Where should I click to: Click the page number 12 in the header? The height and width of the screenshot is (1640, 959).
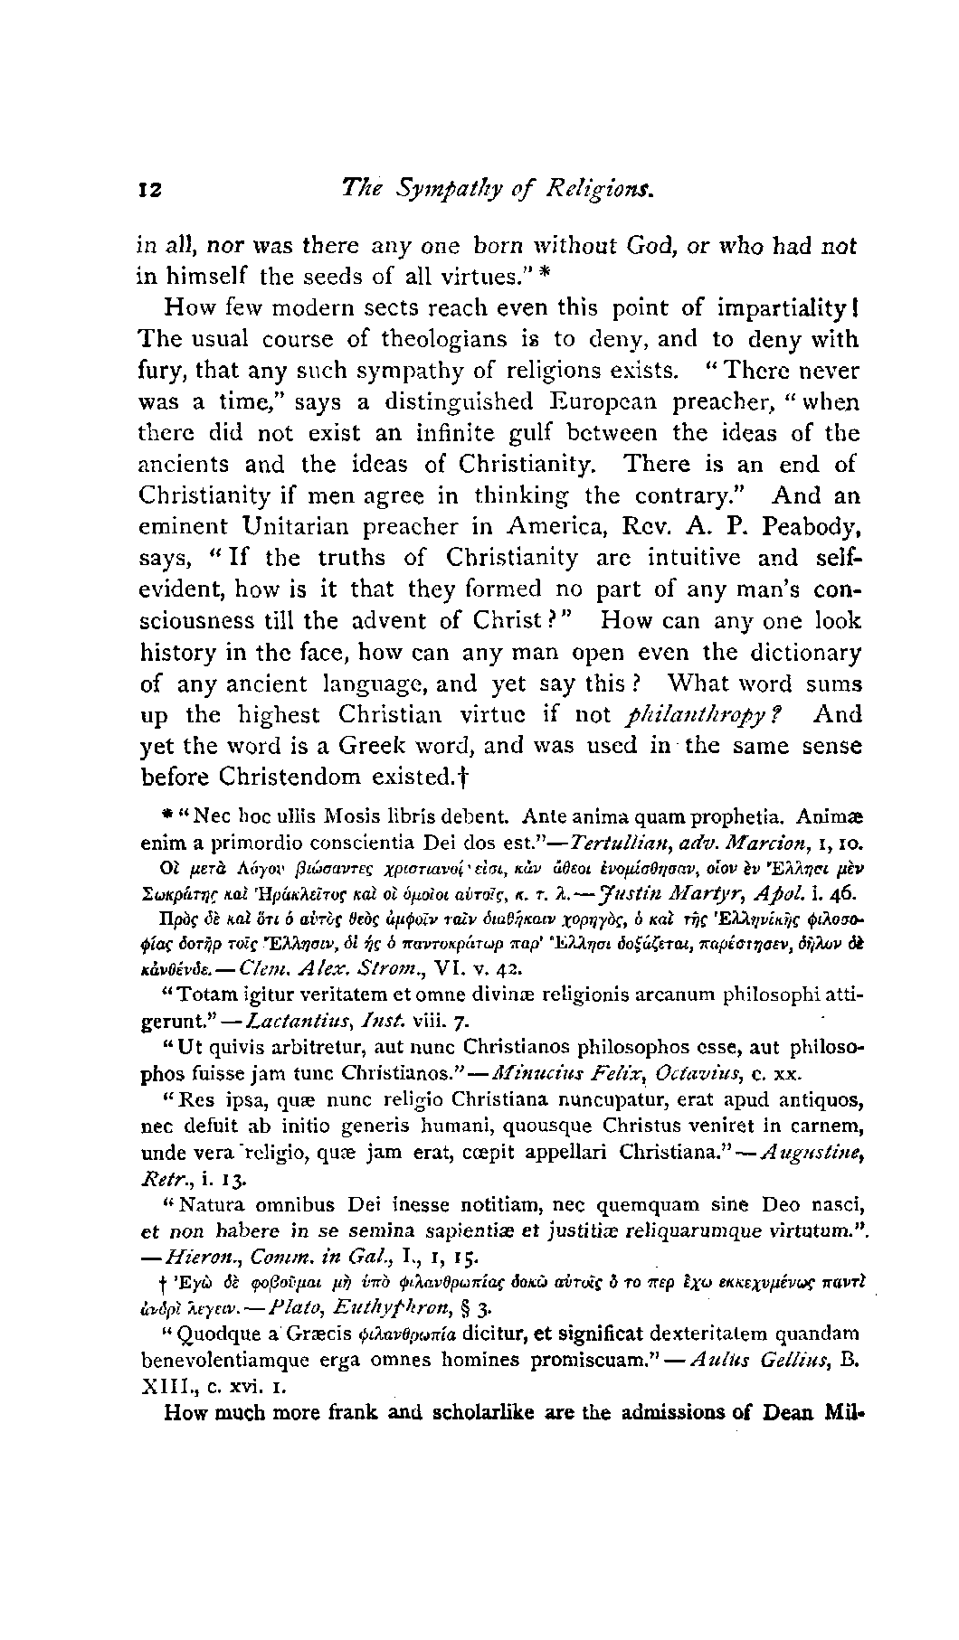click(148, 190)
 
